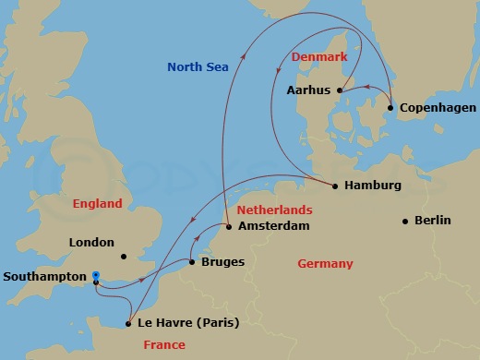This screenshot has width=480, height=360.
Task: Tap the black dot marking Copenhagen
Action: [x=390, y=108]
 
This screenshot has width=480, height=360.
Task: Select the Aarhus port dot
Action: [x=339, y=90]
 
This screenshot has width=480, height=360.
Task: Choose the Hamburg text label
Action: [x=372, y=186]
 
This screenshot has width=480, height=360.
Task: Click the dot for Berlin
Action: [x=405, y=221]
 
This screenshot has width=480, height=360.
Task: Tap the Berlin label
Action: [x=433, y=220]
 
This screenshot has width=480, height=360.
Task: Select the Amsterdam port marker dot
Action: [x=228, y=226]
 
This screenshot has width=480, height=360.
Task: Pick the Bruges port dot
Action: [x=191, y=263]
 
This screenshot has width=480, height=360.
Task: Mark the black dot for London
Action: [x=123, y=257]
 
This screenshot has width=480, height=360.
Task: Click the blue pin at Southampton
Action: [x=96, y=276]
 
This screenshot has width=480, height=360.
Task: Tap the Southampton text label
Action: [x=46, y=276]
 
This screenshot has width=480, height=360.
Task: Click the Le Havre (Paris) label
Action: [x=187, y=323]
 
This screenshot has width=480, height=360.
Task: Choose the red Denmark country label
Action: [x=318, y=57]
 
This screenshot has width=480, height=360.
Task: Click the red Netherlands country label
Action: [x=274, y=210]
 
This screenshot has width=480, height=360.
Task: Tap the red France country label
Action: [x=164, y=344]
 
